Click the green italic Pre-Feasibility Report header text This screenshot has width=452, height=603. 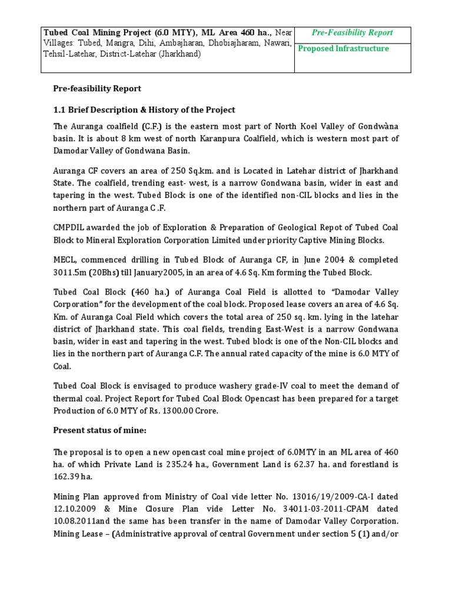coord(353,33)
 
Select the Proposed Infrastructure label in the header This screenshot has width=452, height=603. coord(343,49)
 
